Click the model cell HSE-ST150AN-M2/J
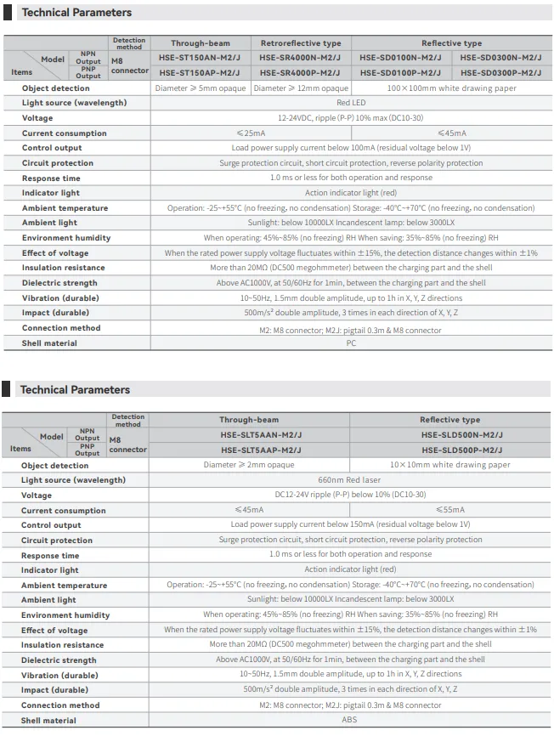[200, 58]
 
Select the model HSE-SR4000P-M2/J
[301, 72]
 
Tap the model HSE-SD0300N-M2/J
[500, 58]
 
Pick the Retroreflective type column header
[301, 43]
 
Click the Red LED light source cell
[351, 103]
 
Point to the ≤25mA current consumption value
[250, 133]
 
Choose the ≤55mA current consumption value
[450, 510]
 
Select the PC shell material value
[351, 343]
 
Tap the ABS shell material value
[351, 721]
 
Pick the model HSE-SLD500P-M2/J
[450, 450]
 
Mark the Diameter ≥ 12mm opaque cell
[301, 88]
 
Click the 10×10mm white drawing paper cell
[450, 465]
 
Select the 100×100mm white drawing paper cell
[450, 88]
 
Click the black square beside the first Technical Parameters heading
[8, 13]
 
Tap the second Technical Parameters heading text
[75, 390]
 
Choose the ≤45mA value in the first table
[450, 133]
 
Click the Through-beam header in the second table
[249, 420]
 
